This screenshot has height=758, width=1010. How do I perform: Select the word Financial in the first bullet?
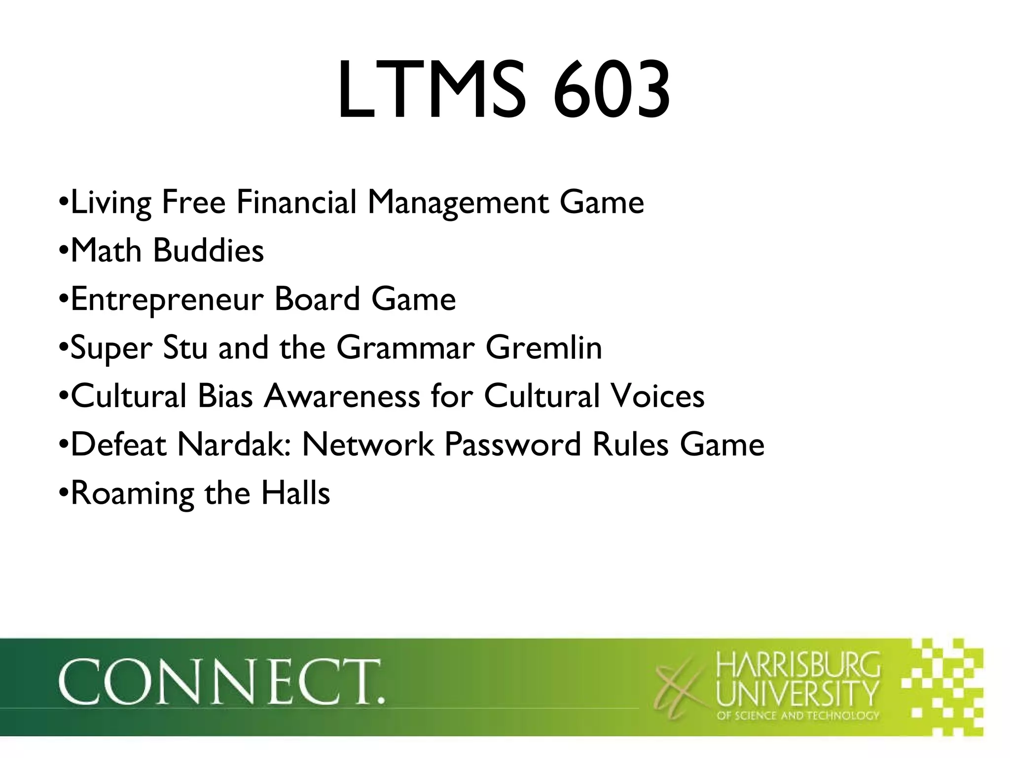point(296,202)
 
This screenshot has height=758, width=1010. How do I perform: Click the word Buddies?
point(208,250)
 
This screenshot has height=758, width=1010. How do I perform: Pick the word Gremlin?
point(543,347)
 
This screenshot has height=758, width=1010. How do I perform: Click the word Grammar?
point(405,347)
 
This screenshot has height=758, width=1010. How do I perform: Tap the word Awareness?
point(341,396)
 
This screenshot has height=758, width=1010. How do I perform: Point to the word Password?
point(512,444)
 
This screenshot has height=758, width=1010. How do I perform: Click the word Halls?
point(295,493)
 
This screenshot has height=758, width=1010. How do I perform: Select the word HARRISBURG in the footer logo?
point(797,665)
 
